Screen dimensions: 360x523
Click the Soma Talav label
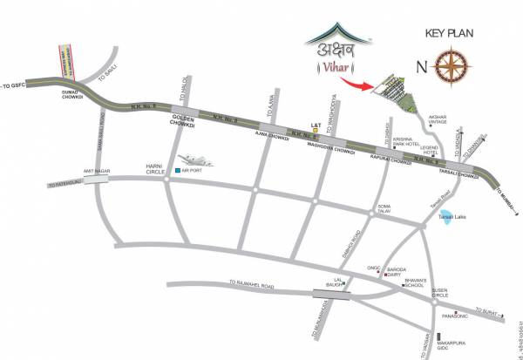[384, 209]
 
